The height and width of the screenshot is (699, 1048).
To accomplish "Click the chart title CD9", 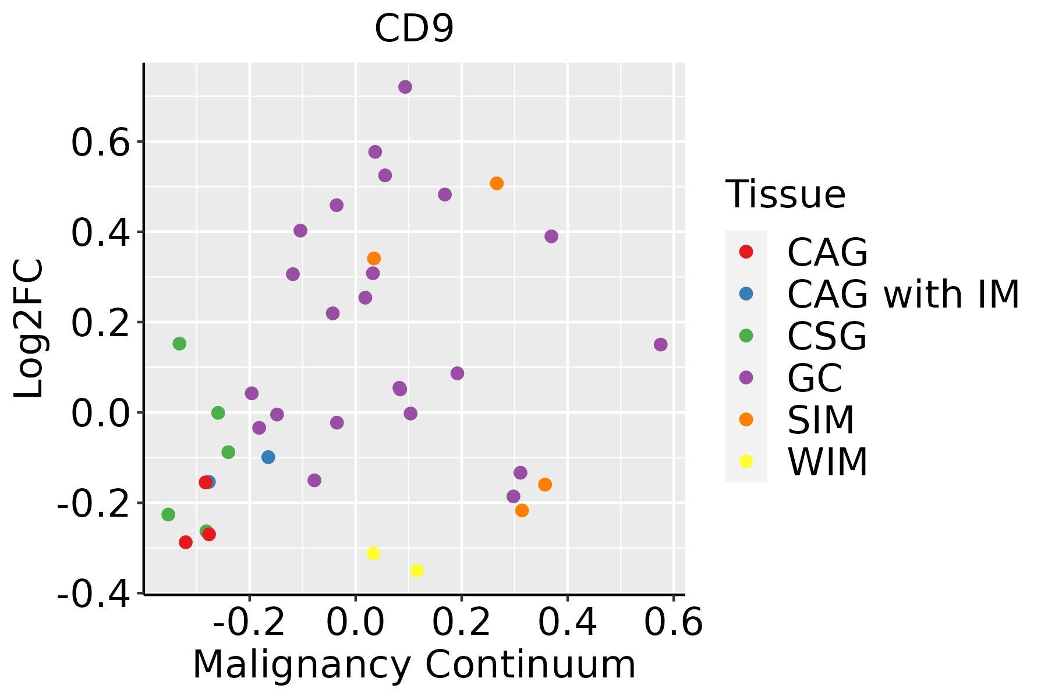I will (x=414, y=29).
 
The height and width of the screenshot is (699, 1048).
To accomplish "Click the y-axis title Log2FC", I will (x=29, y=329).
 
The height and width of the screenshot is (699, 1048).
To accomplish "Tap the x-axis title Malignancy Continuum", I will (x=414, y=665).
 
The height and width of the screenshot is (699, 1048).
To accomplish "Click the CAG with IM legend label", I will (x=903, y=294).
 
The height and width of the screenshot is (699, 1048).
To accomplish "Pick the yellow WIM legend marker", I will (x=746, y=461).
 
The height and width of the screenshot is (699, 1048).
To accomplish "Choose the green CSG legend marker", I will (x=746, y=336).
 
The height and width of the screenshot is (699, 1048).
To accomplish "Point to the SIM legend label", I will (x=820, y=420).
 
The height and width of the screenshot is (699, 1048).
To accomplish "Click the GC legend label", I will (x=815, y=378).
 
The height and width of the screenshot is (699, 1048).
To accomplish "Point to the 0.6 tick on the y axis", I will (x=100, y=142).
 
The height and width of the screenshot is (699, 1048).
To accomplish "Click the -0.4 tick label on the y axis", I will (x=93, y=594).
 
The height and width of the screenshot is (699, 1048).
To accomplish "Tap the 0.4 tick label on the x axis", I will (x=567, y=623).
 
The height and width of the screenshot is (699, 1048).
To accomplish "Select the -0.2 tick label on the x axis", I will (x=249, y=623).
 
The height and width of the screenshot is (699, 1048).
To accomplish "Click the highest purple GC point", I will (x=405, y=87).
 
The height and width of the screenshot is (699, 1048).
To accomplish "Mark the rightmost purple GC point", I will (x=660, y=345).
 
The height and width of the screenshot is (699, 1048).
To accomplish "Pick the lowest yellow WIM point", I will (x=417, y=570).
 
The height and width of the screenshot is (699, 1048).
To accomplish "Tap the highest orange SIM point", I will (x=497, y=183).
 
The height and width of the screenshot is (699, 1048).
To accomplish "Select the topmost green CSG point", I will (x=179, y=344).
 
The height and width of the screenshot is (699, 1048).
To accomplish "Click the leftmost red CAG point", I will (x=186, y=542).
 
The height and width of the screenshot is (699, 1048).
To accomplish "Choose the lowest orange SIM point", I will (x=522, y=510).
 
